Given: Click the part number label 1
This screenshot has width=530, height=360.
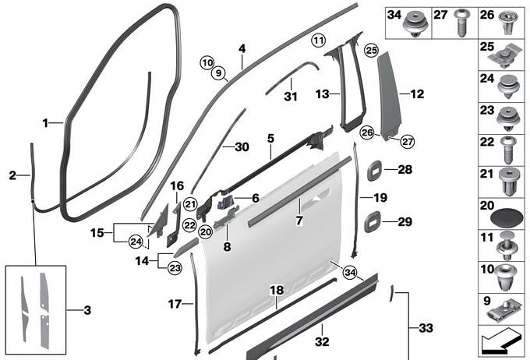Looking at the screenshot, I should (x=46, y=123).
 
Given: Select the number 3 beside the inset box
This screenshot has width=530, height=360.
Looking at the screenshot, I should (x=87, y=310).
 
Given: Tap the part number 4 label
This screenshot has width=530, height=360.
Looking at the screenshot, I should (x=242, y=48).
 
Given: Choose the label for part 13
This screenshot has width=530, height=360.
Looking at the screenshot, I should (x=322, y=94).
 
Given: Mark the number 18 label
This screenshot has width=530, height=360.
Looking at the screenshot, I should (x=275, y=290).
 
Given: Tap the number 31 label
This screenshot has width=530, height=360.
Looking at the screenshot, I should (x=291, y=97).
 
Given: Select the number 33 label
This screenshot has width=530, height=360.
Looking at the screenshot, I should (x=425, y=328).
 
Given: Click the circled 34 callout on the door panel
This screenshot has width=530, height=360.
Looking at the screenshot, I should (x=348, y=272).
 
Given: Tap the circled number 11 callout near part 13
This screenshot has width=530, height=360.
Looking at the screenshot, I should (x=317, y=40).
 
